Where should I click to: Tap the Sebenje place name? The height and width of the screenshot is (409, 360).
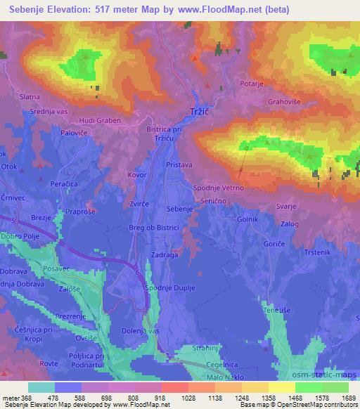[x=179, y=209]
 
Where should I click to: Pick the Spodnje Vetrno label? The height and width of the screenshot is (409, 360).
[x=219, y=188]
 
